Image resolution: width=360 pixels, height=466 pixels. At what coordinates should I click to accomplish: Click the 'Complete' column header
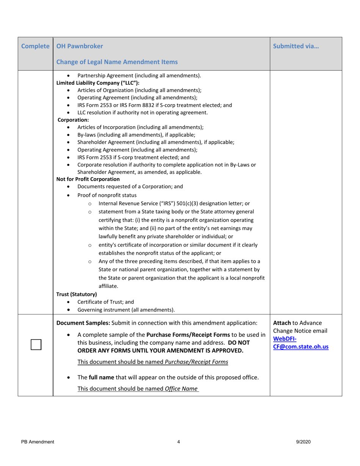(36, 46)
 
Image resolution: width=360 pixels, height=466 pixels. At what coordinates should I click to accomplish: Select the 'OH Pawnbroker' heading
(79, 46)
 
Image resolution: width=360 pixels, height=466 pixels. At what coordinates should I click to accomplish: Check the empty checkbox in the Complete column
(36, 345)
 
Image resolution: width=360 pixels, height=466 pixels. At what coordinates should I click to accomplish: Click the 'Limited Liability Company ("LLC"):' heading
(98, 83)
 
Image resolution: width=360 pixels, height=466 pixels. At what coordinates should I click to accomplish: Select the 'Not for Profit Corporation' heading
(88, 179)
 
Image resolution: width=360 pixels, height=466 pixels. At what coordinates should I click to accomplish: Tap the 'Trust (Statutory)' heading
(77, 294)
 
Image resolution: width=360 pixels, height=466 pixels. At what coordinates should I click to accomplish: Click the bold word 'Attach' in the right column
(282, 323)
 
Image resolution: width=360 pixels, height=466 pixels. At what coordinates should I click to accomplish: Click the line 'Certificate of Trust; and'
(106, 302)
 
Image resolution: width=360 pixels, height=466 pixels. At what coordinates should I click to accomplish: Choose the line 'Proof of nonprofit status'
(107, 195)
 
